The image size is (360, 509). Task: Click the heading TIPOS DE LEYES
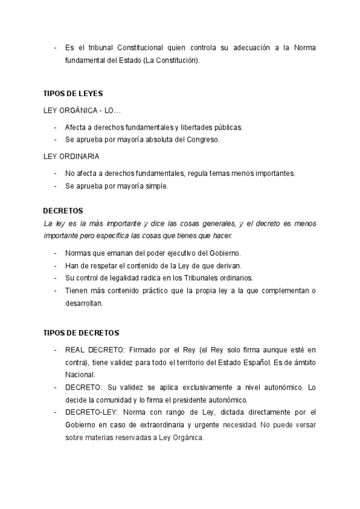(x=73, y=94)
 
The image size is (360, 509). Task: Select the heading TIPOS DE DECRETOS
(x=82, y=333)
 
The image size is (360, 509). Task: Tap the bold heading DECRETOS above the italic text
(x=63, y=211)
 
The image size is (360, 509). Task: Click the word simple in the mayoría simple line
(x=156, y=186)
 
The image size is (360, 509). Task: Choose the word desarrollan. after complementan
(x=84, y=304)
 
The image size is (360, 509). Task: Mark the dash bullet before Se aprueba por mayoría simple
(x=55, y=186)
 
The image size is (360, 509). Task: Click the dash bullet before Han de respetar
(x=55, y=265)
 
